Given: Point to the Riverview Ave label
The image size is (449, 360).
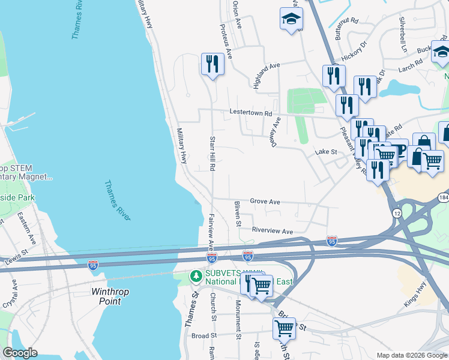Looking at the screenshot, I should pos(272,231).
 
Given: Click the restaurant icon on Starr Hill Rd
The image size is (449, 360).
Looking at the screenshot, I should pos(212,64).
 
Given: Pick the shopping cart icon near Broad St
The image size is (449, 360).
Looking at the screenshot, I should pos(284,328).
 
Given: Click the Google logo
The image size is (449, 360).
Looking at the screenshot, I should pos(20,353).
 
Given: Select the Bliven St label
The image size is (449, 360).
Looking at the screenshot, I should pos(237,214).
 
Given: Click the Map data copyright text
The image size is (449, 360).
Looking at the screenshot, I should pos(411,355).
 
